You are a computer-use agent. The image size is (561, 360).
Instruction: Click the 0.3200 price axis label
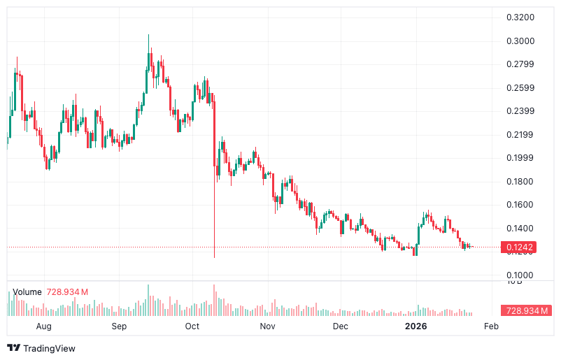520,17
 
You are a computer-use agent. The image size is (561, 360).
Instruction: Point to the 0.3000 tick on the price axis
520,41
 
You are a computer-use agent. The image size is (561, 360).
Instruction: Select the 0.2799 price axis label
520,65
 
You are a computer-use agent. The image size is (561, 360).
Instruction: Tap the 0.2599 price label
520,88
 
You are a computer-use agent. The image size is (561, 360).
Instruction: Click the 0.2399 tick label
520,111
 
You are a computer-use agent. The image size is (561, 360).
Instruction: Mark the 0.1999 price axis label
520,158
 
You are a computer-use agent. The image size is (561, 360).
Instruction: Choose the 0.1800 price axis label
520,182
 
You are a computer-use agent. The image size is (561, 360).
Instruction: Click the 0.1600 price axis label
520,205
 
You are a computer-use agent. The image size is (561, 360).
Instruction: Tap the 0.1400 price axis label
520,229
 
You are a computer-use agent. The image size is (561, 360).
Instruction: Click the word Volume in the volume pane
27,292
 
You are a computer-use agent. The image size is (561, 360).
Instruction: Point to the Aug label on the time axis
43,326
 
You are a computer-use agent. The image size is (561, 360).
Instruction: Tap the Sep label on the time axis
119,326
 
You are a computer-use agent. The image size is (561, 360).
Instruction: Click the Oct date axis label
192,326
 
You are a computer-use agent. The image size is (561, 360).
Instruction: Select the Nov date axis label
267,326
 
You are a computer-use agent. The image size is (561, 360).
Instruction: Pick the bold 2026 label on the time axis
417,326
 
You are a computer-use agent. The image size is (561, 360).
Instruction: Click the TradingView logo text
49,348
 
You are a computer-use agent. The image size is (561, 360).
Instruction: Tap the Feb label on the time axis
491,326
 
